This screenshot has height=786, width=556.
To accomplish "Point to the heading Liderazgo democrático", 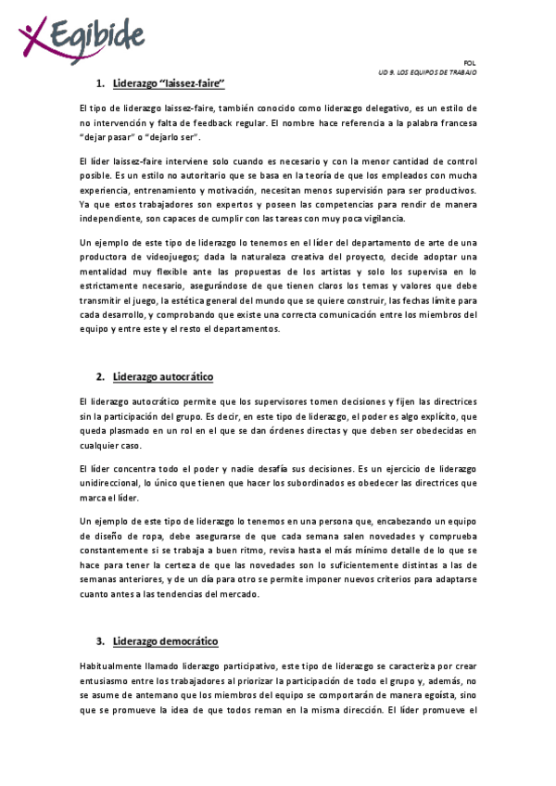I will [x=165, y=641].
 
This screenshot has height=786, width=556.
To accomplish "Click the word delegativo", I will [x=360, y=108].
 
